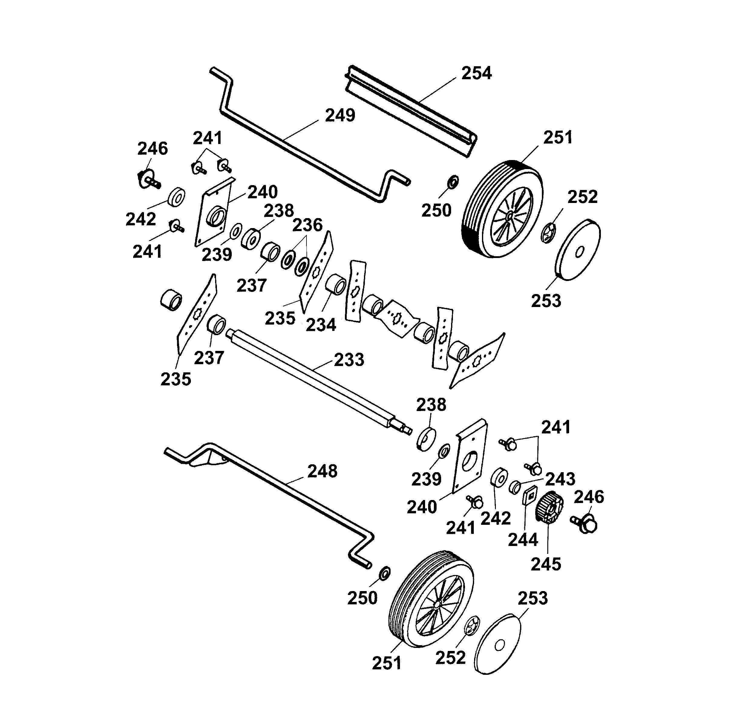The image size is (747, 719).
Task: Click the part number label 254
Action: coord(477,73)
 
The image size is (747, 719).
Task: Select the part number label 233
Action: coord(349,360)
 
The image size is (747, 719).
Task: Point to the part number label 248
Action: coord(323,471)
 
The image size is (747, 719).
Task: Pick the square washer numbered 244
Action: coord(529,496)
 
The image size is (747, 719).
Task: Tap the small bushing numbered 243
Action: coord(515,487)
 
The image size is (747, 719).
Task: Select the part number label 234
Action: coord(321,325)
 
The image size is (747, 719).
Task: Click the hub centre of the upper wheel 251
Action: coord(509,215)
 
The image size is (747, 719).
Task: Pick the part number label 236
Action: coord(307,225)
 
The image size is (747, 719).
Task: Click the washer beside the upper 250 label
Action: coord(453,182)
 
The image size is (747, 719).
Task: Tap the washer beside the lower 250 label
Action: coord(385,573)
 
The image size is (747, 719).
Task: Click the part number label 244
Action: coord(523,540)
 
